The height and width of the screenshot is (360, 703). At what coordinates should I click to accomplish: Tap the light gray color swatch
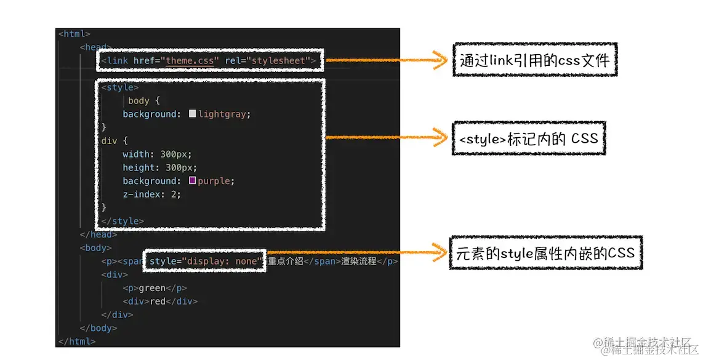[x=193, y=114]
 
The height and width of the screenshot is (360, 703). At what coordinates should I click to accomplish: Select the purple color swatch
[x=193, y=181]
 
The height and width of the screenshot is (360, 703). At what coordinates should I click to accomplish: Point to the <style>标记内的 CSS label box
[x=528, y=138]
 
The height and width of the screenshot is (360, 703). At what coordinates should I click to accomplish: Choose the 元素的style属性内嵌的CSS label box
[x=545, y=252]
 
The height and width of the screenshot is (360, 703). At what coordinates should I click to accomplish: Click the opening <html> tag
[x=74, y=34]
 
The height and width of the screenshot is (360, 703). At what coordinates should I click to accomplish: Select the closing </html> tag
[x=77, y=341]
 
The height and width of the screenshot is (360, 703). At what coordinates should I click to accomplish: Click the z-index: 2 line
[x=151, y=194]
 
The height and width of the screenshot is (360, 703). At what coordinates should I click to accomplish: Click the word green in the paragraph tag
[x=151, y=288]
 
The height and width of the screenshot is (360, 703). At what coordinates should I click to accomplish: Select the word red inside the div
[x=159, y=302]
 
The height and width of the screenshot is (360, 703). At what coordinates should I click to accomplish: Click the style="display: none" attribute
[x=206, y=261]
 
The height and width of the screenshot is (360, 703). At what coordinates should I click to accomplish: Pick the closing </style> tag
[x=123, y=221]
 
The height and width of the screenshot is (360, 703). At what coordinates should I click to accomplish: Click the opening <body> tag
[x=95, y=248]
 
